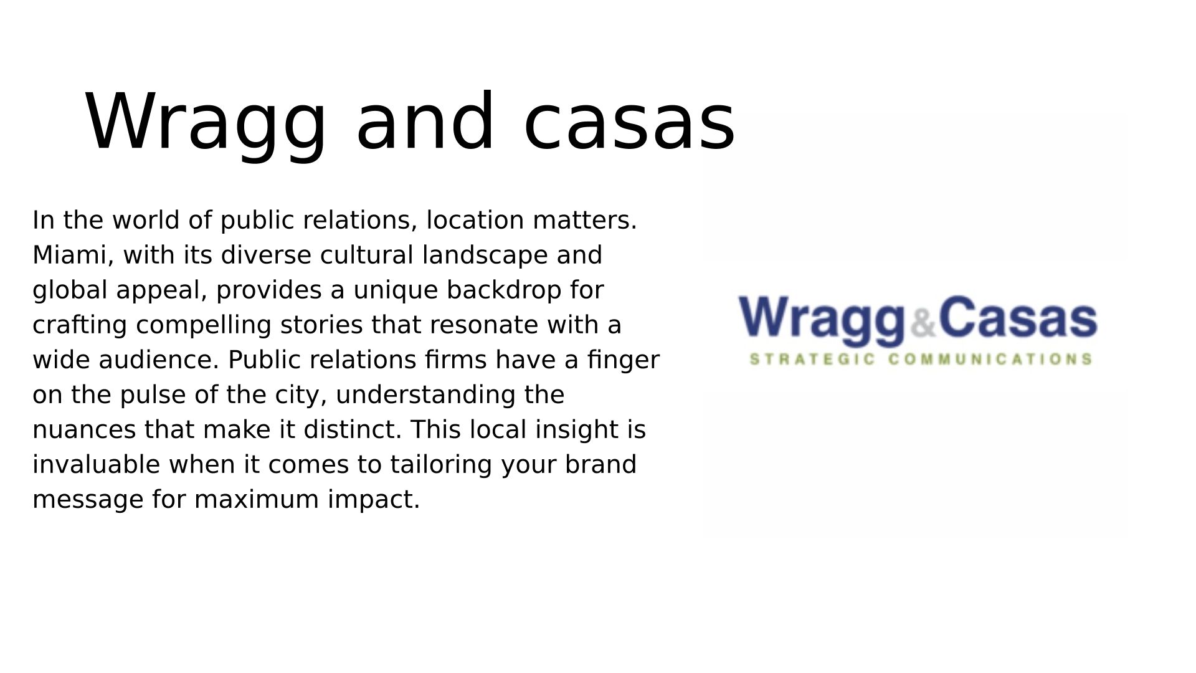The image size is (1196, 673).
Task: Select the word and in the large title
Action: (425, 121)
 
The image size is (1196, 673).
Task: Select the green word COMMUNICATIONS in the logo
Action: (990, 359)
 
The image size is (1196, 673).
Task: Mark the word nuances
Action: (84, 431)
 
